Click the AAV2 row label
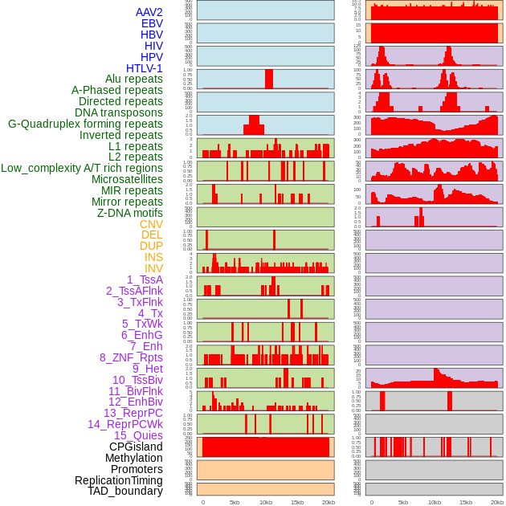[149, 12]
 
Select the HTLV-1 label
[145, 68]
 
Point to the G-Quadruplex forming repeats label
[85, 124]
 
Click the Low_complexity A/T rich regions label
[82, 168]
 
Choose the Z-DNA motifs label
[130, 213]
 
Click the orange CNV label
[151, 224]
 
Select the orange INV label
[153, 268]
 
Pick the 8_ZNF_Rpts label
[131, 357]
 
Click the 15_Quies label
[138, 435]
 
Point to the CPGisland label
[136, 447]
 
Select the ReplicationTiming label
[119, 480]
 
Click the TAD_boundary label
[125, 491]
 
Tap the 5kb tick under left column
[235, 502]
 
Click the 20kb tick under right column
[497, 502]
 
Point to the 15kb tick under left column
[297, 502]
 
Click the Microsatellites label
[127, 179]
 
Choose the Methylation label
[133, 458]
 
